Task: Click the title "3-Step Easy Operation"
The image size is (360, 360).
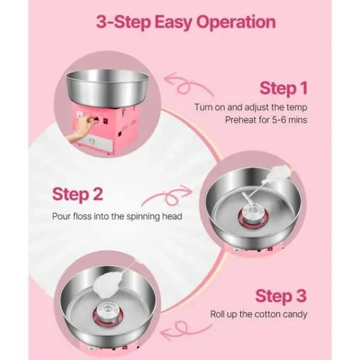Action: (x=186, y=22)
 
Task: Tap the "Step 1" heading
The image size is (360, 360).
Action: (x=284, y=88)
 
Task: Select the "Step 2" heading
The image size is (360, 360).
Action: (x=77, y=194)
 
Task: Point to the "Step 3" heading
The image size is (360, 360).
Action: (x=281, y=296)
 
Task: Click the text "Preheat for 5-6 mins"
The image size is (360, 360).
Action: (x=266, y=120)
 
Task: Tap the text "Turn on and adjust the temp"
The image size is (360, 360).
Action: (x=251, y=107)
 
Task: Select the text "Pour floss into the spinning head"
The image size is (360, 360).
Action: (x=117, y=217)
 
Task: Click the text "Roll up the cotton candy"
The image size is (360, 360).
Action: (x=259, y=314)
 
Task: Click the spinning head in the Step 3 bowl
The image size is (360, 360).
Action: (x=107, y=313)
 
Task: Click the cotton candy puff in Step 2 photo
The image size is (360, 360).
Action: (x=278, y=174)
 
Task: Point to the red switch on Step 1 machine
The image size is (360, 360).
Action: (x=106, y=121)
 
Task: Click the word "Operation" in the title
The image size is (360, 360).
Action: (x=236, y=22)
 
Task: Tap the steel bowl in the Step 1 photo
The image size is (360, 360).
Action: (x=107, y=88)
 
